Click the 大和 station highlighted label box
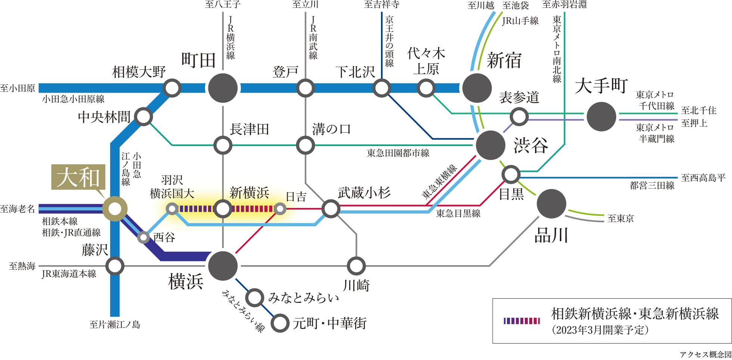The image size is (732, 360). point(78,177)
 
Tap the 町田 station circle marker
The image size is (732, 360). point(223,88)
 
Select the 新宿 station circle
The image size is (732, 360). point(477,88)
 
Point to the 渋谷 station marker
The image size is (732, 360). point(490,145)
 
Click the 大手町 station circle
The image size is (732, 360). point(601,117)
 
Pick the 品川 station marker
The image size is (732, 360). point(551,204)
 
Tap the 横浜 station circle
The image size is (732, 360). point(223,266)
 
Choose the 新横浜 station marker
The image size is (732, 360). point(223,209)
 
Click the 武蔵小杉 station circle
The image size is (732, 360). point(331,209)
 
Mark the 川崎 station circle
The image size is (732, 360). point(356,266)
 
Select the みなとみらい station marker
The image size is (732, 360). point(255,298)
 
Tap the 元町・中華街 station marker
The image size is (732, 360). point(280,323)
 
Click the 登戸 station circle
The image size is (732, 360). point(305,88)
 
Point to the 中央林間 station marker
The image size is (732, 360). point(143,117)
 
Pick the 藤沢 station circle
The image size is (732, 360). point(115,266)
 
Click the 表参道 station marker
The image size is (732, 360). point(519,117)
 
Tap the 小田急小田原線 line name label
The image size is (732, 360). point(73,99)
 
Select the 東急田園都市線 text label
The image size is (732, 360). point(398,153)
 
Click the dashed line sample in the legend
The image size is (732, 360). point(522,320)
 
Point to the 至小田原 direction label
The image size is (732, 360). point(18,89)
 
